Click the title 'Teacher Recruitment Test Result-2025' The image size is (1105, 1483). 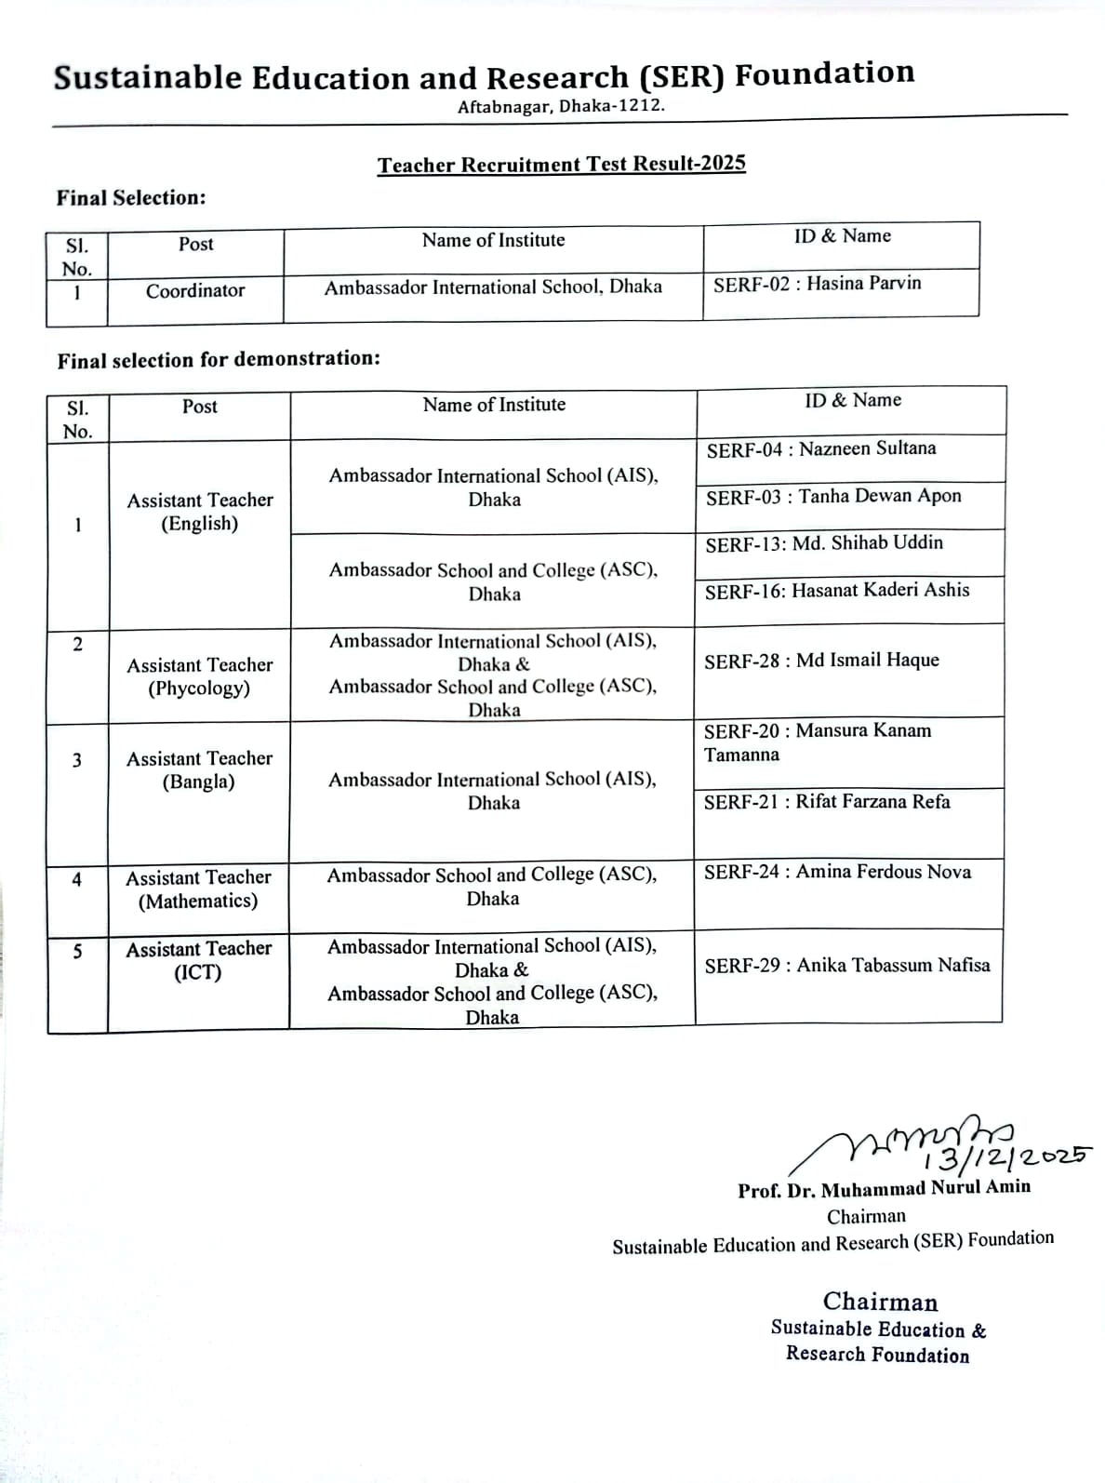tap(561, 165)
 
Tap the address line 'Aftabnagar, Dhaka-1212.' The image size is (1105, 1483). tap(561, 106)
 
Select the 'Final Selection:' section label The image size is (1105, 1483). tap(131, 198)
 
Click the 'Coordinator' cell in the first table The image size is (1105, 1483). tap(195, 290)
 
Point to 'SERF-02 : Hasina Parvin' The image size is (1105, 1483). tap(817, 284)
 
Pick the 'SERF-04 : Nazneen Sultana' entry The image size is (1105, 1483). tap(820, 449)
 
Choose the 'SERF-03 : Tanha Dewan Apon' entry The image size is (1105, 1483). tap(832, 496)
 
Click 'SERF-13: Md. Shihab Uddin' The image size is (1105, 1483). tap(823, 543)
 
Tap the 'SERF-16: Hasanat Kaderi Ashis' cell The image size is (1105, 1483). tap(836, 591)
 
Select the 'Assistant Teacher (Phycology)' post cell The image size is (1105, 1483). tap(200, 676)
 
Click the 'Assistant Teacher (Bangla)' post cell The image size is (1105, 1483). tap(199, 769)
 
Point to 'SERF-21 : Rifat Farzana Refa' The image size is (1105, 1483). tap(826, 802)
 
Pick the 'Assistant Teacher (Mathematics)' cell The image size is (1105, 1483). tap(198, 888)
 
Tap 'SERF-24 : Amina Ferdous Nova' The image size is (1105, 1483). tap(836, 872)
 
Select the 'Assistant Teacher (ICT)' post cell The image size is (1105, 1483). tap(198, 960)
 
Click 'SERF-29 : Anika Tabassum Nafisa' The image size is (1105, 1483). tap(846, 966)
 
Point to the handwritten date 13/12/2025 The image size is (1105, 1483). tap(1005, 1156)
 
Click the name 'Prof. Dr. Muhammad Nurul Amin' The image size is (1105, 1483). tap(884, 1188)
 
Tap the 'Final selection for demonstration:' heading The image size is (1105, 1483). tap(219, 359)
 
